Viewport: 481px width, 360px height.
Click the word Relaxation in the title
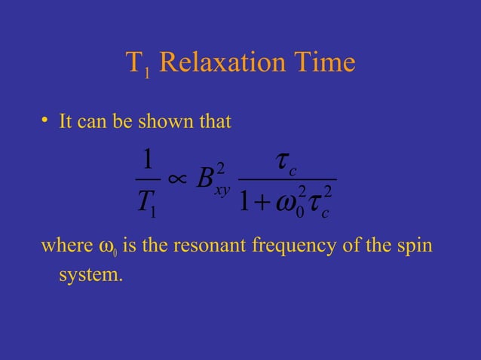222,64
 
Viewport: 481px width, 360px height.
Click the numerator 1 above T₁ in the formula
148,160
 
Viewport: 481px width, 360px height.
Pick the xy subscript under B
222,191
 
